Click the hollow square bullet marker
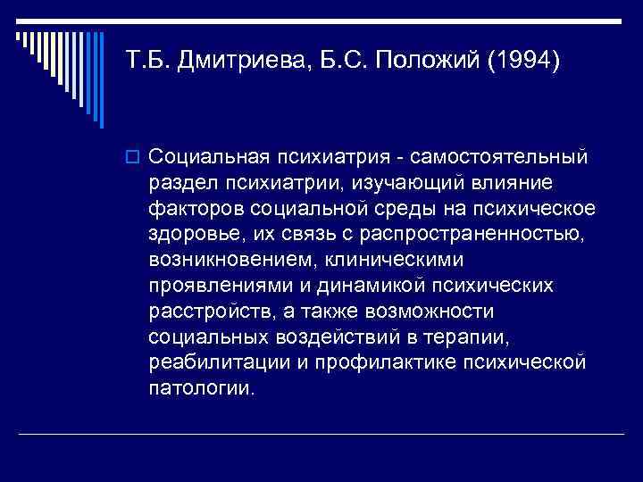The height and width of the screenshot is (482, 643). (x=135, y=157)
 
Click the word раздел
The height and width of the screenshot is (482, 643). (x=180, y=183)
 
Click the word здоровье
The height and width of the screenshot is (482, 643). (x=191, y=235)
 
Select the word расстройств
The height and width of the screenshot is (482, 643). (x=202, y=312)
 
